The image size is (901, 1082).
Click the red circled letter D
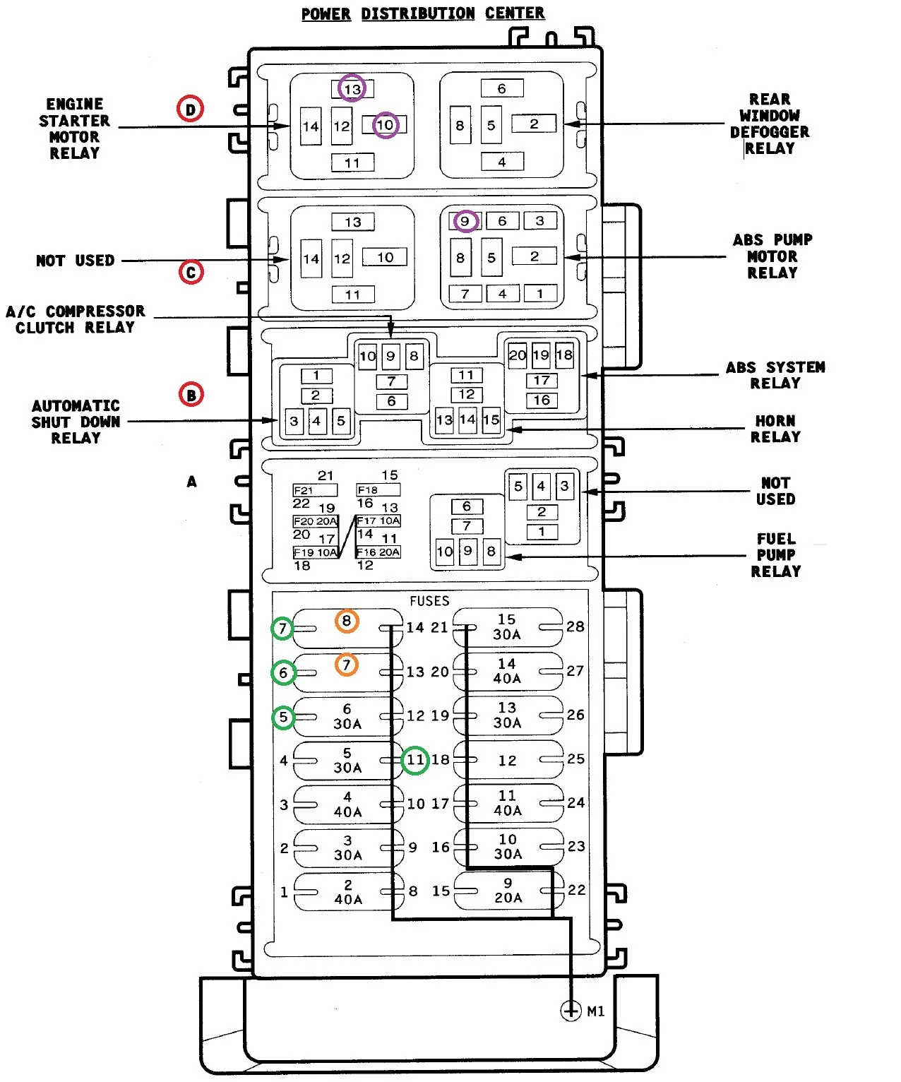click(x=190, y=109)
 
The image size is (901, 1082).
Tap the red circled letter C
click(x=191, y=272)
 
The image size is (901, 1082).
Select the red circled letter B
click(x=191, y=394)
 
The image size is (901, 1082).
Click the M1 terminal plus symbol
click(x=571, y=1011)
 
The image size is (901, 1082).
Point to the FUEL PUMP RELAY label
click(x=775, y=555)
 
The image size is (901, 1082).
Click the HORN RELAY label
click(x=775, y=429)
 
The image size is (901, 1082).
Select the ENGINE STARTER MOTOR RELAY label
click(x=75, y=129)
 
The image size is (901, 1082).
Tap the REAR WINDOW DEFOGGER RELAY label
click(x=770, y=124)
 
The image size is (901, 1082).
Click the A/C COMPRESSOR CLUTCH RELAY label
click(x=76, y=319)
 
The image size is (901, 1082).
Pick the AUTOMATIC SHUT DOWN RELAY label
click(x=76, y=422)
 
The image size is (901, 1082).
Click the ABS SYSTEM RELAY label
click(x=775, y=375)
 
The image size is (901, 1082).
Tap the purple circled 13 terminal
click(x=352, y=88)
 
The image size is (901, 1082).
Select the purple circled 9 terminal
click(x=465, y=221)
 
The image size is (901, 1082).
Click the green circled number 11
click(x=415, y=760)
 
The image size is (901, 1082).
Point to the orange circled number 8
click(x=347, y=621)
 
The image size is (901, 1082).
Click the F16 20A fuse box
click(x=378, y=552)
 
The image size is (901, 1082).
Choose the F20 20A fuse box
click(x=316, y=521)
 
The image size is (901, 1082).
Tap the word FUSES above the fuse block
click(x=429, y=601)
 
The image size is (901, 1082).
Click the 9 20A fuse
click(x=508, y=891)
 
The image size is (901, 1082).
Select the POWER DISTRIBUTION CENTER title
click(x=423, y=13)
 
